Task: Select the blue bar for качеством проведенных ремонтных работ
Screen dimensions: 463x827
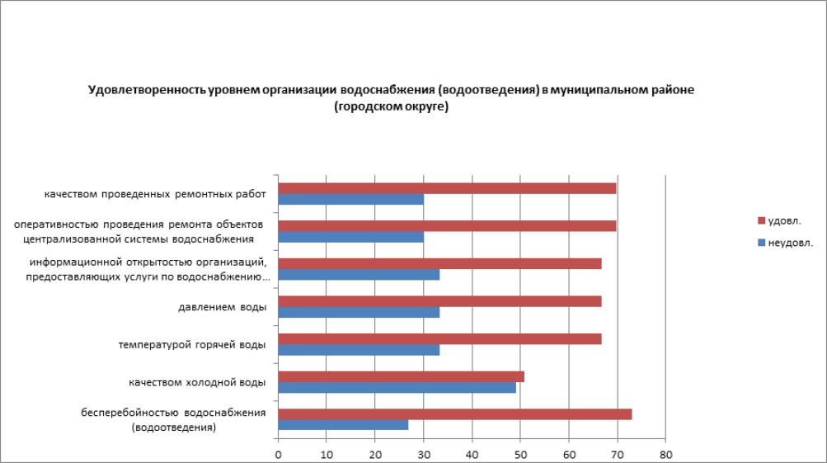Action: click(x=350, y=200)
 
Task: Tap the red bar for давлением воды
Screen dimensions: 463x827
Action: click(x=439, y=301)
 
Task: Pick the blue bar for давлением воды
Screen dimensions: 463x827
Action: click(x=359, y=313)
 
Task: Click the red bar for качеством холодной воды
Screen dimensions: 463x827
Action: click(x=401, y=377)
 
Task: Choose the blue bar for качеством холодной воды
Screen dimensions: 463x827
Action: click(x=397, y=388)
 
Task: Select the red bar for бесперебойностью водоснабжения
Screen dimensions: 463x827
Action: click(x=454, y=414)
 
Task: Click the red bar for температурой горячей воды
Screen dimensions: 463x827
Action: click(x=439, y=339)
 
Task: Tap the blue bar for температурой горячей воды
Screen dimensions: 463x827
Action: click(x=359, y=350)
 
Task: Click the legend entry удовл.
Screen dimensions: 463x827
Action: click(x=783, y=220)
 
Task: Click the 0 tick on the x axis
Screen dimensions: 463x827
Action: click(x=279, y=454)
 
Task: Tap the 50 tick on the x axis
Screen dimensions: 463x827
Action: click(x=520, y=454)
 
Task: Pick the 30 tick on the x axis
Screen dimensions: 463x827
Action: click(x=424, y=454)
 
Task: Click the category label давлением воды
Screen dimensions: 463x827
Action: click(x=222, y=308)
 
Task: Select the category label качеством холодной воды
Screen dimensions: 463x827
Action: click(x=197, y=383)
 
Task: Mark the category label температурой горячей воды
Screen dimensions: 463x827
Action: click(x=192, y=345)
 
